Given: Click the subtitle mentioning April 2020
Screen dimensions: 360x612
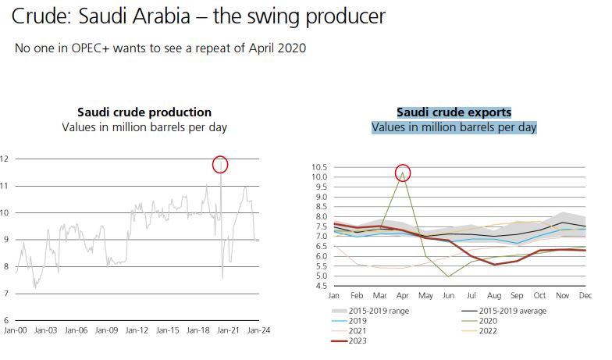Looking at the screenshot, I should click(x=160, y=48).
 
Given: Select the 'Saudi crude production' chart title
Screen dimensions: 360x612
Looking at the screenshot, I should click(x=144, y=112).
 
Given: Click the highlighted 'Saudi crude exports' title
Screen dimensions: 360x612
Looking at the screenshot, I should click(x=454, y=112).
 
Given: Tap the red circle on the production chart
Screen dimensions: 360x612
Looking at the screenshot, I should click(x=220, y=164).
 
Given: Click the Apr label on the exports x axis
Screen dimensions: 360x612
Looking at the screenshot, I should click(x=403, y=297).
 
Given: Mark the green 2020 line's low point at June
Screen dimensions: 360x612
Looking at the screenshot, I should click(x=449, y=276).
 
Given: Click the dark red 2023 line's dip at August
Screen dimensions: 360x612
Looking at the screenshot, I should click(x=494, y=265).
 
